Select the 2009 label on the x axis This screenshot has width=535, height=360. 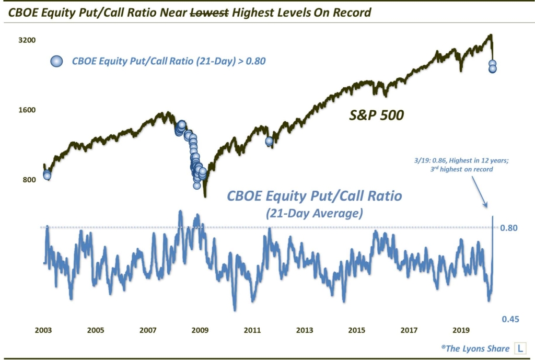[200, 330]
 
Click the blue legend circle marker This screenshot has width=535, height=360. [56, 61]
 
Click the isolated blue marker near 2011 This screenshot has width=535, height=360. [270, 141]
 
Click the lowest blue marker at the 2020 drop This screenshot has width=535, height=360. [492, 69]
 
